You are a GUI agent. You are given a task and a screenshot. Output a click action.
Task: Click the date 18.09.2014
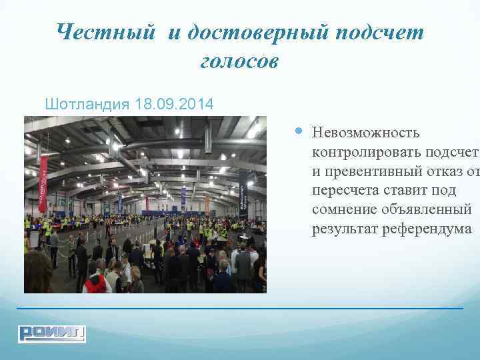point(174,105)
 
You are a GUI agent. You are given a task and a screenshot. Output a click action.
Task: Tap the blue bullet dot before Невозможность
point(297,132)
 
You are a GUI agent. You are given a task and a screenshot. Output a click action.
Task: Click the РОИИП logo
point(52,333)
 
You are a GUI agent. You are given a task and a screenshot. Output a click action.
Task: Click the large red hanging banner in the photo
point(43,184)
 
